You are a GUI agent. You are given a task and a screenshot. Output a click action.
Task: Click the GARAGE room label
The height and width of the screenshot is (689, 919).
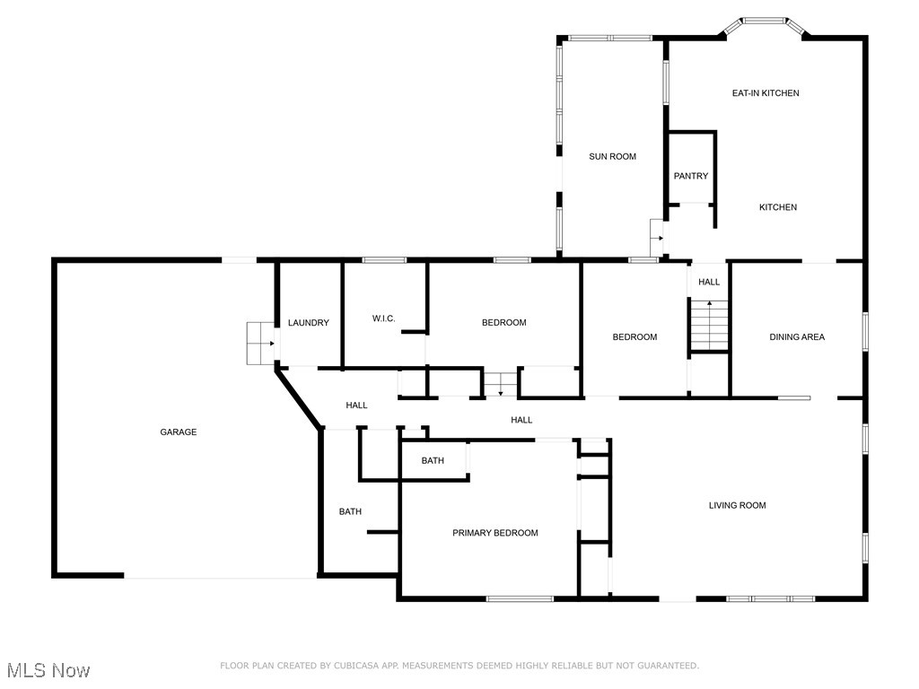point(178,432)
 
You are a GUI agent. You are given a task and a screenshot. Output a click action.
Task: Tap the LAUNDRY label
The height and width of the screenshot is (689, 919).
point(308,323)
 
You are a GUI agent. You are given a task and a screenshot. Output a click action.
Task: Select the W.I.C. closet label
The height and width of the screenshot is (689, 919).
point(383,318)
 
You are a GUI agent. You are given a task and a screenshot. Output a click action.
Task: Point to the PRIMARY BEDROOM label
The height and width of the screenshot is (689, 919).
point(495,533)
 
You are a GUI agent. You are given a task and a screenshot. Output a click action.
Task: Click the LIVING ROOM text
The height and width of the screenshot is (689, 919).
point(737,505)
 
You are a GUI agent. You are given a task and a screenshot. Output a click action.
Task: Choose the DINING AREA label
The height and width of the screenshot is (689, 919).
point(796,337)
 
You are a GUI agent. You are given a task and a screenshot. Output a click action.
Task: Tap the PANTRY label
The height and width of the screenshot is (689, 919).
point(691,176)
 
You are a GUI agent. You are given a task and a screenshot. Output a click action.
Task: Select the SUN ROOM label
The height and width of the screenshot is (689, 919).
point(612,156)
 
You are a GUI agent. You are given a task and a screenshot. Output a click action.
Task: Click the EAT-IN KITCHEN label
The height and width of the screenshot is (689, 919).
point(765,93)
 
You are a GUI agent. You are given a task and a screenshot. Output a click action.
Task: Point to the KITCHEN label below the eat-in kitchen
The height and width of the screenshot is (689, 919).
point(777,207)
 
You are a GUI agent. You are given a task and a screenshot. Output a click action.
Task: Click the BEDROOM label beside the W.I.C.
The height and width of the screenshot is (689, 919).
point(503,323)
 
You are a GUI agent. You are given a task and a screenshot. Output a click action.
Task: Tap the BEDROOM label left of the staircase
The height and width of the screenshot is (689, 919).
point(635,337)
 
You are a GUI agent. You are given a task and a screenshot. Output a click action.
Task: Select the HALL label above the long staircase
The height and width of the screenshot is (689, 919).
point(709,282)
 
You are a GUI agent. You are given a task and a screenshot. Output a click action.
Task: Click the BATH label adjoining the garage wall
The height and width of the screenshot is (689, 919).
point(350,511)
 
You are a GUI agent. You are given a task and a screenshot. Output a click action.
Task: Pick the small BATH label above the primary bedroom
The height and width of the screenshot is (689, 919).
point(433,461)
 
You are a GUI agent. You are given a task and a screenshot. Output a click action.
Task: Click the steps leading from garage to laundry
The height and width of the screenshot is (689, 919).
point(261,343)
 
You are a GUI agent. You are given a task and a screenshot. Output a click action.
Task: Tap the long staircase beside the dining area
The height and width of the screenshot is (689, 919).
point(709,325)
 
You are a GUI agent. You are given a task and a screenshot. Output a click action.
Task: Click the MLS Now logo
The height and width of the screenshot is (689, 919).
point(48,670)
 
